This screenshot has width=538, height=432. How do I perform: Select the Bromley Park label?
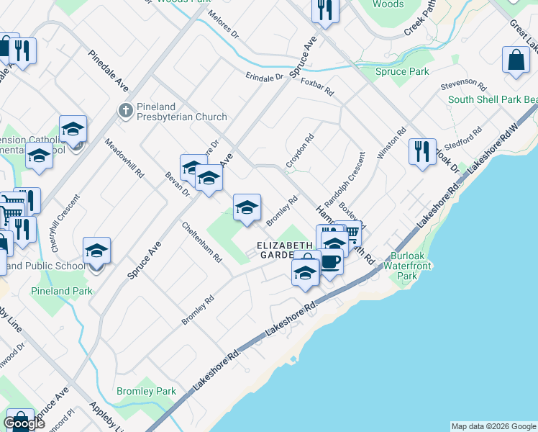146,391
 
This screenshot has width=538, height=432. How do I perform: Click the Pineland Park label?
61,291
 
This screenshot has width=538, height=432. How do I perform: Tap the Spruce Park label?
402,71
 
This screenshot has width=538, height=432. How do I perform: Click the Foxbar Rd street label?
317,87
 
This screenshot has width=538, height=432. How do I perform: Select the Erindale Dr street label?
265,76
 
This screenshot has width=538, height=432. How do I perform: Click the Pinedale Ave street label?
108,70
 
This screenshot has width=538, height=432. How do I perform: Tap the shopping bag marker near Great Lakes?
516,61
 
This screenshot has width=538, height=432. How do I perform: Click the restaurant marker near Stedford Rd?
421,153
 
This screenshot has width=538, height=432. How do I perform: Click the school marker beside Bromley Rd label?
247,209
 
